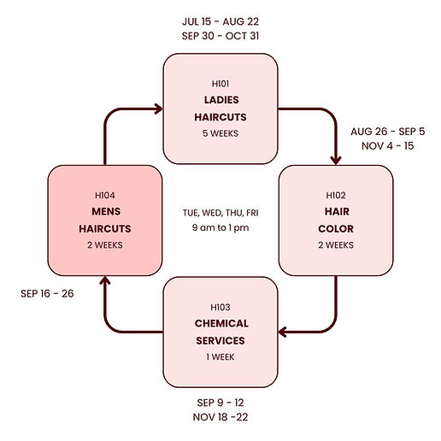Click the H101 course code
point(220,84)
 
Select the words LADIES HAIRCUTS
point(220,109)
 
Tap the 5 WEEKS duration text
point(220,133)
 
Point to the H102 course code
point(335,195)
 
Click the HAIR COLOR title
point(335,220)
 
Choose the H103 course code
point(220,307)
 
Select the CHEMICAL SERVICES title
point(220,332)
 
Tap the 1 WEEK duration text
point(220,356)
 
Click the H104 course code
point(104,195)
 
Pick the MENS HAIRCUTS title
point(104,220)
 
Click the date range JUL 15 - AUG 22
point(220,21)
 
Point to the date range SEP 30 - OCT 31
point(220,36)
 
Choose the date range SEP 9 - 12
point(220,402)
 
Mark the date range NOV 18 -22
point(220,417)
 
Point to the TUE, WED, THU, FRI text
point(220,212)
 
